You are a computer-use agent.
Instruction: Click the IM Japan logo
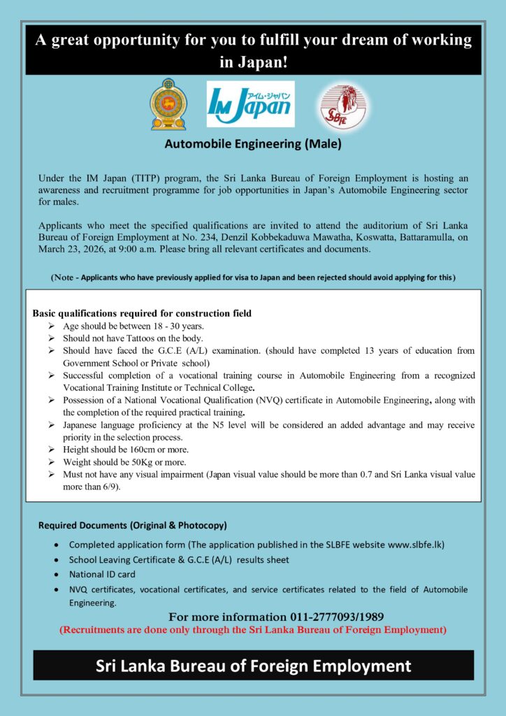(251, 103)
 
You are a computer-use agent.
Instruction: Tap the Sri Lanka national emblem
(168, 104)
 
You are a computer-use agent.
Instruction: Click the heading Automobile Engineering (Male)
(252, 145)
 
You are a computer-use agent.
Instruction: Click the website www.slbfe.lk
(411, 543)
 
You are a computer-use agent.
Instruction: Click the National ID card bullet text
(98, 574)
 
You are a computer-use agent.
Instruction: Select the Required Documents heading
(132, 524)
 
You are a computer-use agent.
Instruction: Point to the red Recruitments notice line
(252, 629)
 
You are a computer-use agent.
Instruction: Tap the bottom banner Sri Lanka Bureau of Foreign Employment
(253, 665)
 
